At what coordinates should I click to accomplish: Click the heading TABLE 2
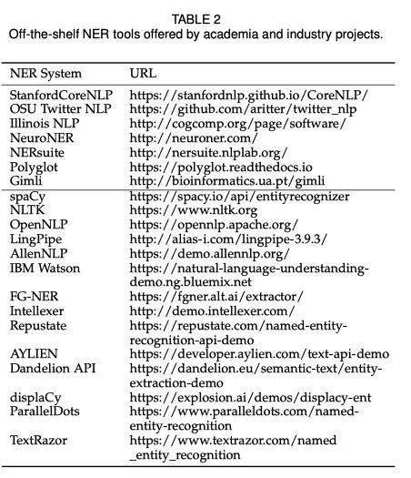tap(205, 16)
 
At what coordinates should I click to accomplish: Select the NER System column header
tap(45, 73)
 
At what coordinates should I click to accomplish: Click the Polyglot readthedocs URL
tap(222, 168)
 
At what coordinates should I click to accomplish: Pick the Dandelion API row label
tap(50, 368)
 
